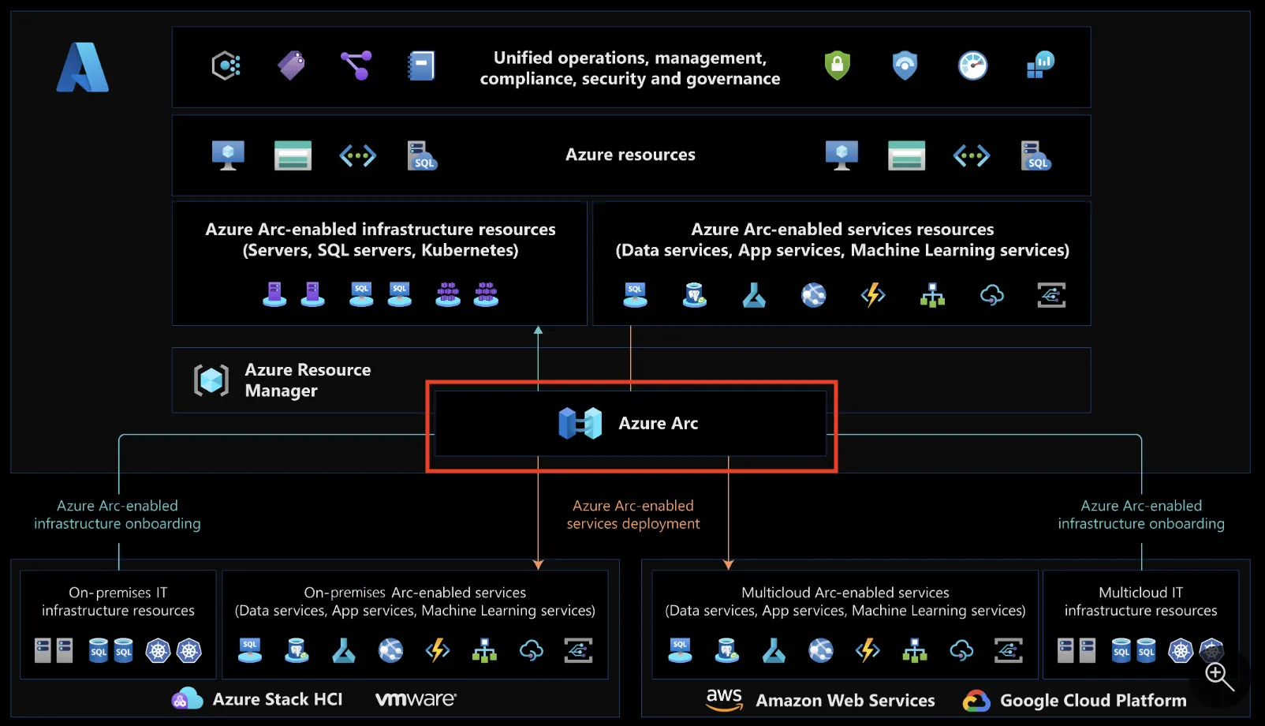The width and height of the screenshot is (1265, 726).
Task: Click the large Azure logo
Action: pyautogui.click(x=83, y=68)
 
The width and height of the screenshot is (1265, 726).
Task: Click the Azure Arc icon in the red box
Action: pyautogui.click(x=580, y=424)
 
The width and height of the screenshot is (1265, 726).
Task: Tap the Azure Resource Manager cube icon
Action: pyautogui.click(x=211, y=380)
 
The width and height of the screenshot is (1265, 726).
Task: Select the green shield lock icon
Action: pyautogui.click(x=837, y=65)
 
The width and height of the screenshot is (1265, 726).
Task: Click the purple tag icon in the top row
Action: pyautogui.click(x=291, y=65)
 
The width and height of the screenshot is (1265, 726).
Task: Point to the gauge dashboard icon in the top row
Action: pyautogui.click(x=972, y=65)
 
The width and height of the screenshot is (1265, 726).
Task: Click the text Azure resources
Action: pyautogui.click(x=630, y=155)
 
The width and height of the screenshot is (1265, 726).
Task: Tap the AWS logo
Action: pyautogui.click(x=724, y=699)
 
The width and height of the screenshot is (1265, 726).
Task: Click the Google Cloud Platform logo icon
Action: pyautogui.click(x=976, y=701)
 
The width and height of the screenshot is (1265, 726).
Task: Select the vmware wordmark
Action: pyautogui.click(x=416, y=699)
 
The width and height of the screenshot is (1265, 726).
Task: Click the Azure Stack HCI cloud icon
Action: pyautogui.click(x=187, y=698)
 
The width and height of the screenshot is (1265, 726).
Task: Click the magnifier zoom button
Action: pyautogui.click(x=1219, y=677)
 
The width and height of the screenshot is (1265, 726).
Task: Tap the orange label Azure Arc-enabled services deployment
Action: pyautogui.click(x=632, y=515)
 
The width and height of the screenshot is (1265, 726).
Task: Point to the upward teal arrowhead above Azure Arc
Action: pyautogui.click(x=538, y=331)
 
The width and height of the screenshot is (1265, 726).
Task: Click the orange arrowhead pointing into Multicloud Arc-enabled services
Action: pyautogui.click(x=728, y=564)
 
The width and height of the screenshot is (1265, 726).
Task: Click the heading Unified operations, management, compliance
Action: pyautogui.click(x=629, y=68)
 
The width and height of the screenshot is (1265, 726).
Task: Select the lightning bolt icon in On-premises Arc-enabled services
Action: pyautogui.click(x=437, y=650)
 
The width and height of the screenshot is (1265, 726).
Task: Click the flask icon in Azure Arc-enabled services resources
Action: pyautogui.click(x=754, y=295)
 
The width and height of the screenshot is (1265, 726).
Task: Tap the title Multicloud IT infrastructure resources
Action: pyautogui.click(x=1140, y=601)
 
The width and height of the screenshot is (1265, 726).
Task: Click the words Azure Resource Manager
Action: pyautogui.click(x=307, y=380)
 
